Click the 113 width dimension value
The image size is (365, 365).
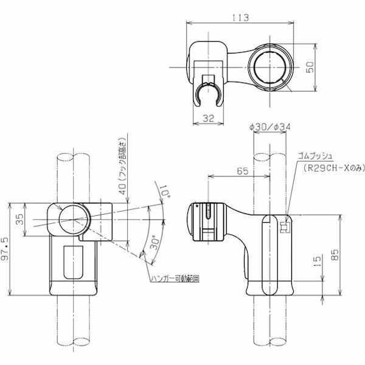pyautogui.click(x=241, y=18)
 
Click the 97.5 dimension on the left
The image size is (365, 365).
pyautogui.click(x=8, y=249)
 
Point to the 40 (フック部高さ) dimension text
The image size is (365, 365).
pyautogui.click(x=123, y=173)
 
